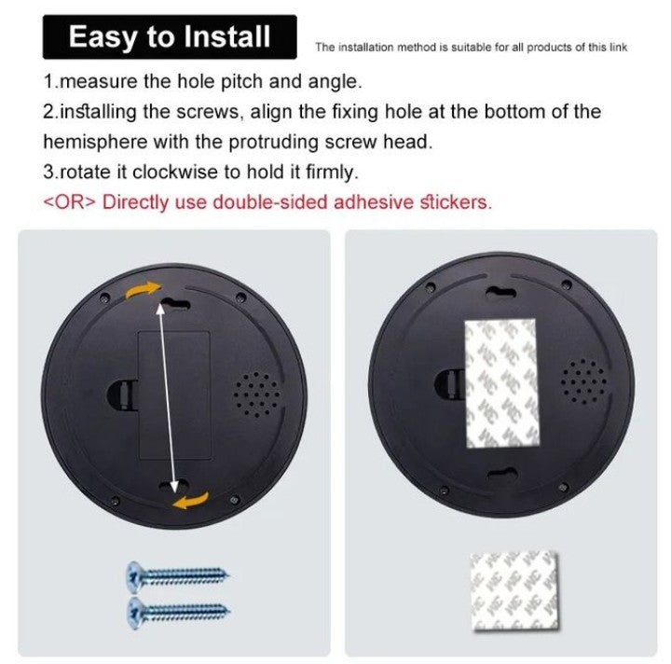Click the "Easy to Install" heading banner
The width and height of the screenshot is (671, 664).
pyautogui.click(x=169, y=37)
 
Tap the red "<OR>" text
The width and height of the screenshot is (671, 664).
pyautogui.click(x=70, y=201)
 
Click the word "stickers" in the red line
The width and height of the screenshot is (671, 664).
pyautogui.click(x=456, y=201)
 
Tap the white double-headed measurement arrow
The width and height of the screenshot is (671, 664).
pyautogui.click(x=169, y=397)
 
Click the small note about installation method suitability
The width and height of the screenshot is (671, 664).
pyautogui.click(x=471, y=47)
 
